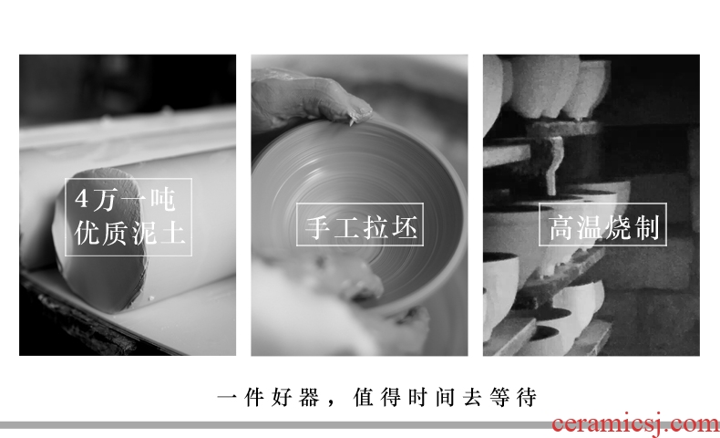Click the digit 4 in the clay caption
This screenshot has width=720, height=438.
tap(81, 199)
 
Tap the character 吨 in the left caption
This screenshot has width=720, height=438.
tap(163, 200)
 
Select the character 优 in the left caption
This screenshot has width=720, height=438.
tap(87, 233)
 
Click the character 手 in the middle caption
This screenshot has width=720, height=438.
tap(318, 227)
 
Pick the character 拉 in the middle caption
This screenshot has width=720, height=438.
tap(375, 227)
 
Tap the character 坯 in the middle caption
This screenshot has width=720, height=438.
tap(404, 227)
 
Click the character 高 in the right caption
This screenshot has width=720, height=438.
tap(561, 228)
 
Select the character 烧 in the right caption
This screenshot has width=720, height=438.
tap(619, 228)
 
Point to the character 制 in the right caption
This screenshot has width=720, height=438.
tap(647, 228)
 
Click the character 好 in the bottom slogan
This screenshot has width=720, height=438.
tap(282, 397)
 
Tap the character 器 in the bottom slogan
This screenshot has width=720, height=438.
tap(309, 397)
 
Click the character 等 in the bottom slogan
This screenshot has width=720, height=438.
tap(499, 397)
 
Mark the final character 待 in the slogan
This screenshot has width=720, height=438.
tap(527, 397)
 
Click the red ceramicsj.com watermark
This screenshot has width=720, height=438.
tap(636, 423)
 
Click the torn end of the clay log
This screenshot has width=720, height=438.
tap(101, 239)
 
